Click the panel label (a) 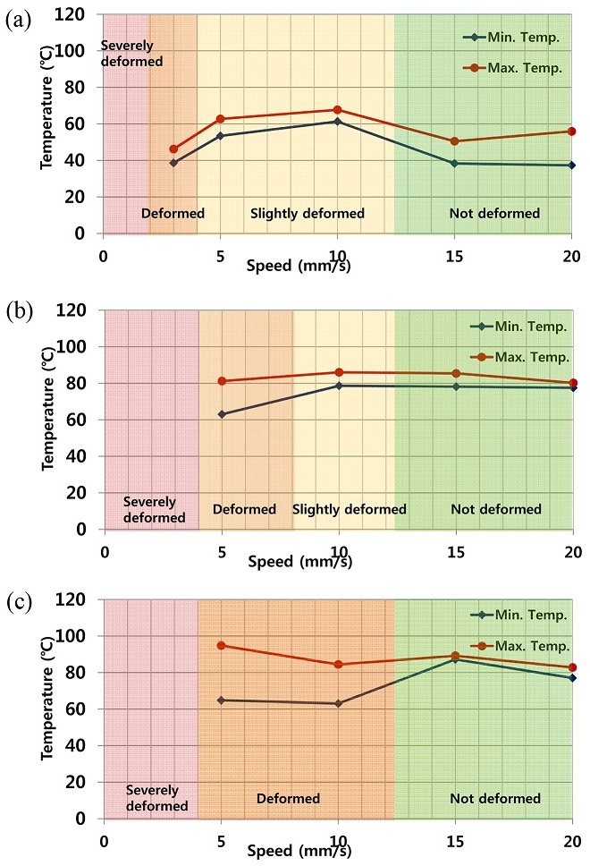click(19, 21)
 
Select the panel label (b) click(19, 315)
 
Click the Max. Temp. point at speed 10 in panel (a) click(337, 110)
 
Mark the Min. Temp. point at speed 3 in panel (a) click(173, 163)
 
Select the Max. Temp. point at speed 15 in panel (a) click(454, 141)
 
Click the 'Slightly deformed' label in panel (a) click(308, 214)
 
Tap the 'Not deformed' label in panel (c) click(495, 798)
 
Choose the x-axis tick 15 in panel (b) click(456, 548)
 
